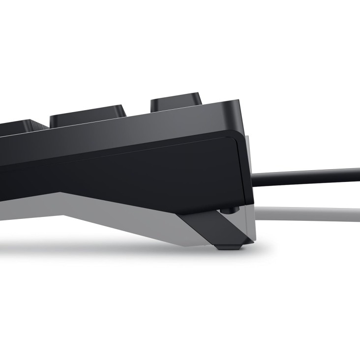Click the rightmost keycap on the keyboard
[176, 101]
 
